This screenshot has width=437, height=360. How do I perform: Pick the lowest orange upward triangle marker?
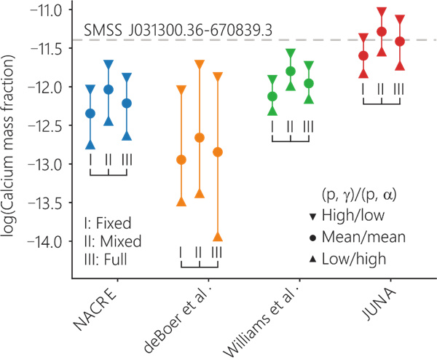[217, 237]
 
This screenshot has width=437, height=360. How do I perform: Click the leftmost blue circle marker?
[90, 113]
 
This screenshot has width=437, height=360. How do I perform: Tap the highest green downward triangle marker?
[291, 53]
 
